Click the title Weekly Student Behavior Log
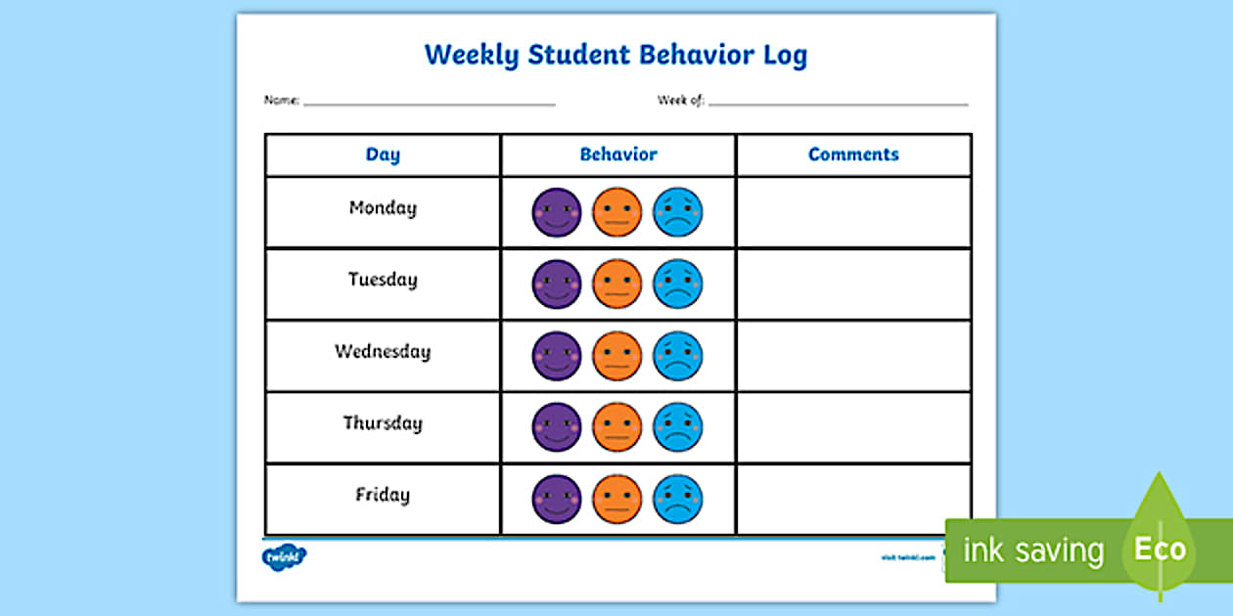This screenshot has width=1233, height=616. point(616,55)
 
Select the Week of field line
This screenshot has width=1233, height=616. point(838,103)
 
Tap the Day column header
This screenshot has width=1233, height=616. point(383,154)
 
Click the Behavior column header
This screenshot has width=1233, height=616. point(618,154)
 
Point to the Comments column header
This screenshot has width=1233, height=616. point(853,154)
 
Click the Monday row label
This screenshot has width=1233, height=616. point(383,208)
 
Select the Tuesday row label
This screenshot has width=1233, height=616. point(383,281)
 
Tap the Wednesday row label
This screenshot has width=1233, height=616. point(383,352)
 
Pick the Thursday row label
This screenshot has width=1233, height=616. point(383,423)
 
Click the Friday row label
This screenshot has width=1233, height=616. point(383,495)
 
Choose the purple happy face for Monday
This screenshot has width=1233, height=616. point(557,212)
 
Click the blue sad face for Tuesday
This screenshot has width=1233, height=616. point(678,284)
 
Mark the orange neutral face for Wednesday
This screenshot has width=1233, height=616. point(617,356)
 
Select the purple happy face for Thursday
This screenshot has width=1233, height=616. point(557,427)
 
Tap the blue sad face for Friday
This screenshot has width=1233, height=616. point(678,499)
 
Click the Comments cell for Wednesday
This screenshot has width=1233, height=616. point(853,356)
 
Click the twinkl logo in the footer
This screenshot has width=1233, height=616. point(284,557)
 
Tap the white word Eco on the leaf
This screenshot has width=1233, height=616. point(1160,549)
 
